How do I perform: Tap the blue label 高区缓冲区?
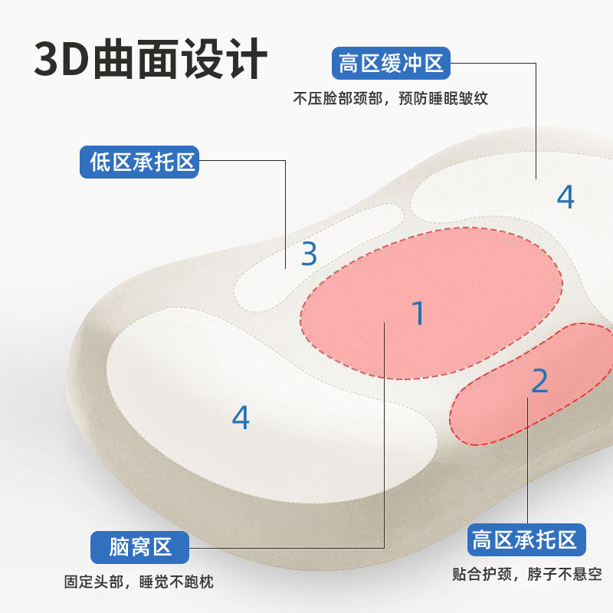point(392,63)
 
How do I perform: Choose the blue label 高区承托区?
point(526,541)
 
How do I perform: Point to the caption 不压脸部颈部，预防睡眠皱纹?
point(391,99)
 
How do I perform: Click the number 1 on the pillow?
point(418,313)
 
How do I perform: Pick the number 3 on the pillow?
point(309,253)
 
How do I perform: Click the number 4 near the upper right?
point(565,197)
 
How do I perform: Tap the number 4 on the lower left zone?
point(241,417)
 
